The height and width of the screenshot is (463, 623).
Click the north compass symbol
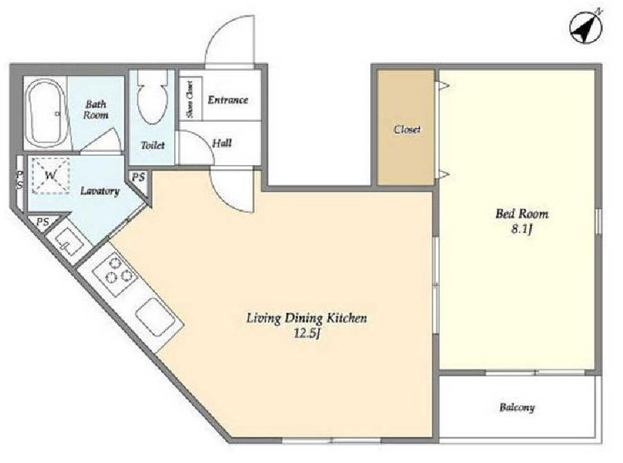point(586,27)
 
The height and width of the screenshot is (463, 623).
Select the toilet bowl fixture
point(152,98)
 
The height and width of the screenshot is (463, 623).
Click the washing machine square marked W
point(50,175)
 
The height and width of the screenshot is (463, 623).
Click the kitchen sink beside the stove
point(156,317)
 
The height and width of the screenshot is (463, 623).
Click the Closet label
point(407,129)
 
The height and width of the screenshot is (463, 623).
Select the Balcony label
point(517,407)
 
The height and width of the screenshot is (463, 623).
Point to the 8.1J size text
point(522,230)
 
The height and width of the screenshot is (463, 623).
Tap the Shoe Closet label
point(190,99)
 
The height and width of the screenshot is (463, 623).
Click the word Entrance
point(228,99)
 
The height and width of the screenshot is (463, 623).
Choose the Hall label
point(221,143)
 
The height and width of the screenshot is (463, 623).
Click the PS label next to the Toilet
point(139,177)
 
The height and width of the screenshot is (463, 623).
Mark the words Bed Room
point(522,214)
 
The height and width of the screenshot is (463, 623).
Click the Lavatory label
point(100,191)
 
